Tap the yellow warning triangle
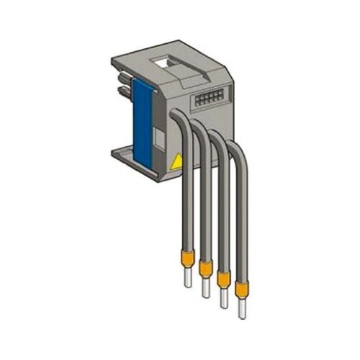(174, 164)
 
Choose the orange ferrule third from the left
(223, 281)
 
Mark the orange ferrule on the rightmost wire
(241, 289)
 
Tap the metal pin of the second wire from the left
(206, 288)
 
